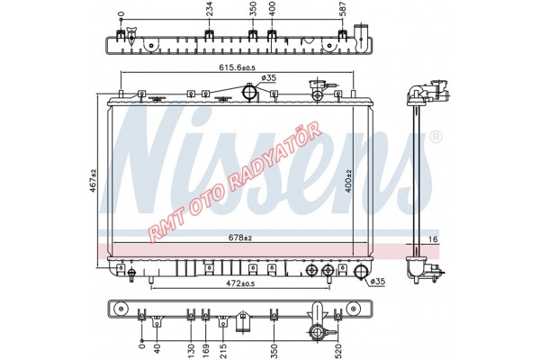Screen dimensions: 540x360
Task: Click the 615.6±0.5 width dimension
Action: tap(238, 67)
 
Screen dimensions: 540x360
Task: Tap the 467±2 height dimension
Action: tap(94, 181)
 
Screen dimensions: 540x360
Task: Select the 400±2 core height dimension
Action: tap(348, 181)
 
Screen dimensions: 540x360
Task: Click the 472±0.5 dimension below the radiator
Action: tap(240, 283)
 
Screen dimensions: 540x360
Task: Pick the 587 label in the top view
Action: tap(343, 9)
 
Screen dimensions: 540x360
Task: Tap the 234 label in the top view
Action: tap(209, 9)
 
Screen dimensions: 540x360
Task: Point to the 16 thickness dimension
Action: tap(433, 239)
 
